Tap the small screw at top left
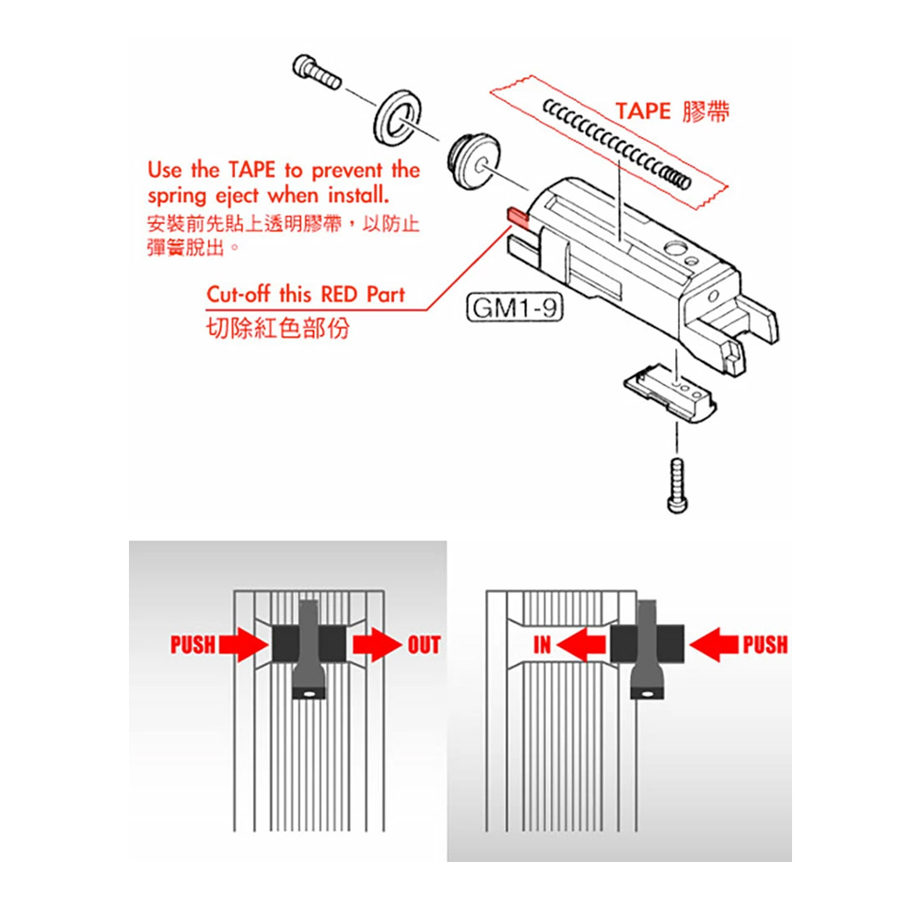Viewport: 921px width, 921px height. click(x=315, y=70)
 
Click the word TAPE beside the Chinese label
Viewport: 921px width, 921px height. click(x=643, y=111)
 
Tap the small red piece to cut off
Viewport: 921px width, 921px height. click(x=517, y=216)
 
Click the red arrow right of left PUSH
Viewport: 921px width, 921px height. click(x=241, y=644)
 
